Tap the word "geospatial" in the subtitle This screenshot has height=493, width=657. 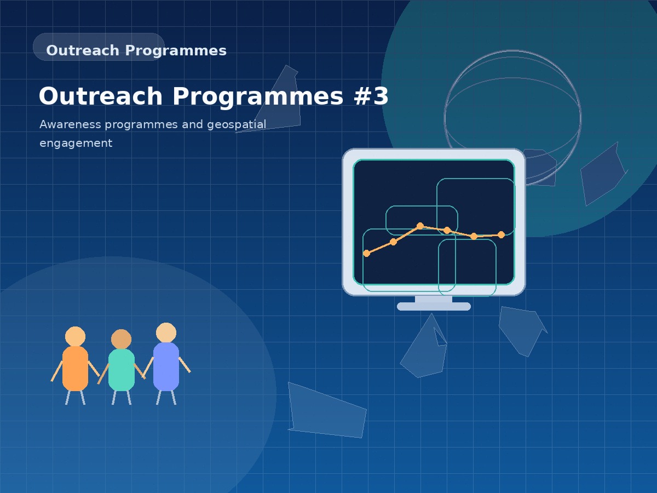pyautogui.click(x=237, y=124)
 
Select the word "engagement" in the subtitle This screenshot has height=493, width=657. pyautogui.click(x=76, y=144)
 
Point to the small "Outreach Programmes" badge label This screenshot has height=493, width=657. pyautogui.click(x=136, y=50)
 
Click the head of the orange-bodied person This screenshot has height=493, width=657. pyautogui.click(x=75, y=336)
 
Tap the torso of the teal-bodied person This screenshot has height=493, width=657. pyautogui.click(x=121, y=370)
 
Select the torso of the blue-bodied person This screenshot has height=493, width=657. pyautogui.click(x=166, y=366)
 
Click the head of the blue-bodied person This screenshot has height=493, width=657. pyautogui.click(x=166, y=333)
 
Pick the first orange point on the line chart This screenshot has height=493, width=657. pyautogui.click(x=367, y=253)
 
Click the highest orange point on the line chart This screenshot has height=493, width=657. pyautogui.click(x=420, y=226)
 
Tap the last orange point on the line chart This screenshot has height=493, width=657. pyautogui.click(x=501, y=234)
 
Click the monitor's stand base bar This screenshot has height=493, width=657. pyautogui.click(x=434, y=306)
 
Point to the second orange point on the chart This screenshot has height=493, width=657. pyautogui.click(x=393, y=242)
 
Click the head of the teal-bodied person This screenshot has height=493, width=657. pyautogui.click(x=121, y=339)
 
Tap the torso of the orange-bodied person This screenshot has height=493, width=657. pyautogui.click(x=75, y=368)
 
